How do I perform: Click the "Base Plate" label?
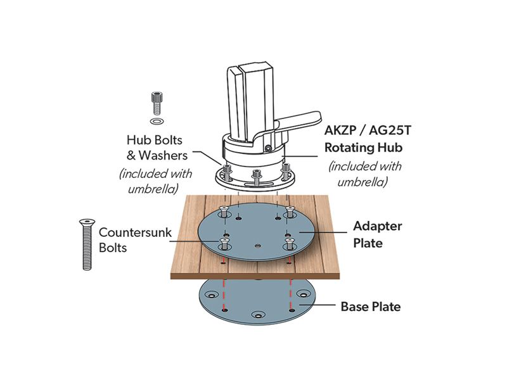(x=371, y=307)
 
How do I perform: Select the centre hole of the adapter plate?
(x=257, y=244)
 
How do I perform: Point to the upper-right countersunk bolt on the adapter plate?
(x=290, y=210)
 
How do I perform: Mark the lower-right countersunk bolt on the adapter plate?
(x=289, y=241)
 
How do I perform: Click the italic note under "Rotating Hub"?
(x=364, y=174)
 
